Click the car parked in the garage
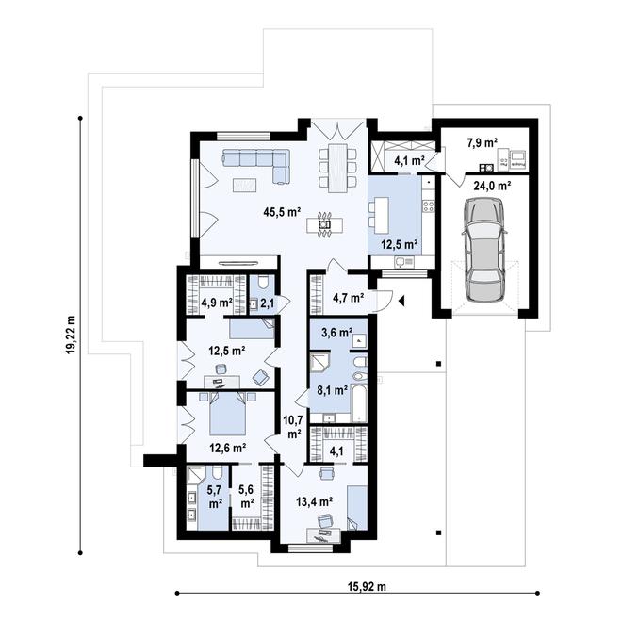tap(484, 251)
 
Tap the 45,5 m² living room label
tap(282, 212)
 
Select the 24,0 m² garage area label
tap(492, 186)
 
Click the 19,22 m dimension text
tap(71, 335)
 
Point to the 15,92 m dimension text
tap(367, 586)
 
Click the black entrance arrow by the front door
tap(401, 302)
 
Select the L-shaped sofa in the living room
tap(256, 166)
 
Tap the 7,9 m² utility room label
tap(483, 142)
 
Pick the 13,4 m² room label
tap(314, 501)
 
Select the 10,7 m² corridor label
tap(293, 427)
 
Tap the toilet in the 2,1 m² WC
tap(263, 283)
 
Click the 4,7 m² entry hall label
tap(349, 297)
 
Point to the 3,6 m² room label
tap(337, 332)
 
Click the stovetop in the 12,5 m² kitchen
tap(429, 205)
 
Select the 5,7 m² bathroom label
tap(215, 497)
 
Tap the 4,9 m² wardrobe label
tap(217, 303)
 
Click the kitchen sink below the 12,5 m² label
tap(404, 261)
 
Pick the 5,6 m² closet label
tap(247, 497)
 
